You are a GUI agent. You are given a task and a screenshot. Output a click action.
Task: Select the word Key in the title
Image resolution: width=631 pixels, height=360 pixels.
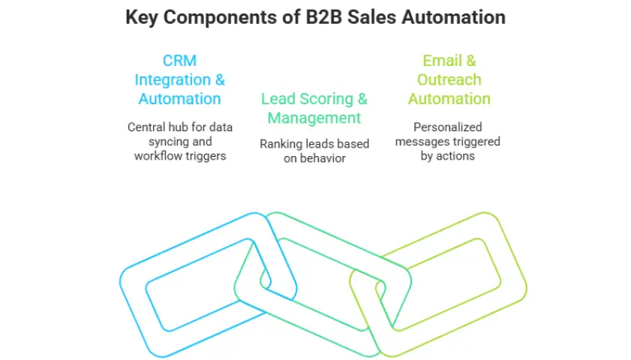point(142,17)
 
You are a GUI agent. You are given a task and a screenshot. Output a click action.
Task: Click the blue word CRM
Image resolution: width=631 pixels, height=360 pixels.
point(179,61)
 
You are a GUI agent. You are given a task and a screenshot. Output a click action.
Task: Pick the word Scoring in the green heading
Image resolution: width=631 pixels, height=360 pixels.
point(325,99)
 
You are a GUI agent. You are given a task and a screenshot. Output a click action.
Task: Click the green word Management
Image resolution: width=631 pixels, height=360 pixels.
point(314,118)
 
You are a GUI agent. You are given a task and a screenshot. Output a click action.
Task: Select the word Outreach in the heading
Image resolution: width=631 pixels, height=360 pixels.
point(449,79)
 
